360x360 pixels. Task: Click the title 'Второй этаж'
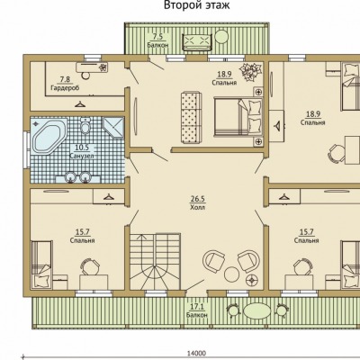(x=197, y=4)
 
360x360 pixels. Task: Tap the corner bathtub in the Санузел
(x=49, y=137)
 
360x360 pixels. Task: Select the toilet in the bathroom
(x=85, y=125)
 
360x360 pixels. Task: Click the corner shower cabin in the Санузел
(x=112, y=128)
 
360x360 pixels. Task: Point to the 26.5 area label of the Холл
(x=197, y=199)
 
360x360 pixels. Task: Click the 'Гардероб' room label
(x=65, y=88)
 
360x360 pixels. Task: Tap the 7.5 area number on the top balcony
(x=157, y=37)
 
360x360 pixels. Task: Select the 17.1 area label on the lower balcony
(x=197, y=307)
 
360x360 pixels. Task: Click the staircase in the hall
(x=155, y=261)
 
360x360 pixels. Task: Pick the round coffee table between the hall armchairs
(x=231, y=274)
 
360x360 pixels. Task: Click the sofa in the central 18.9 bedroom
(x=192, y=118)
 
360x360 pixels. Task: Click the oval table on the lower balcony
(x=257, y=311)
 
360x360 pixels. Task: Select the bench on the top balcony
(x=198, y=42)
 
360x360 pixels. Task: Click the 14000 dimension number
(x=197, y=354)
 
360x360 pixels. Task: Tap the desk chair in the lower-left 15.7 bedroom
(x=89, y=265)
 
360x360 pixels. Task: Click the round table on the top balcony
(x=222, y=37)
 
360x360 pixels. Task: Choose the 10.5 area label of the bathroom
(x=82, y=148)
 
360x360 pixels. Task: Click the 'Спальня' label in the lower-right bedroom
(x=306, y=240)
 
